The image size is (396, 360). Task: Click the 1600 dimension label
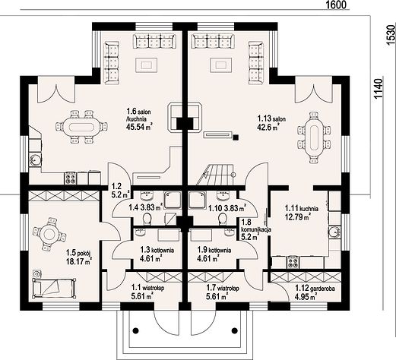click(x=335, y=5)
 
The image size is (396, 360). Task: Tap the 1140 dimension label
click(x=379, y=89)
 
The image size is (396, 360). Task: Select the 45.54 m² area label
click(x=139, y=127)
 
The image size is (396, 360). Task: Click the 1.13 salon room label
click(x=271, y=118)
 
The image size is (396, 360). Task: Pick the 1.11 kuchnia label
click(x=302, y=209)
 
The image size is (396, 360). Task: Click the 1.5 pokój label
click(x=78, y=252)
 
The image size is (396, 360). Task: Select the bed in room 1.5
click(x=54, y=288)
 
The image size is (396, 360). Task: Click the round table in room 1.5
click(x=49, y=235)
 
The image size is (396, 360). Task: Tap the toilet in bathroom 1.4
click(x=147, y=219)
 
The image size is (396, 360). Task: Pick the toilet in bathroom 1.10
click(x=223, y=219)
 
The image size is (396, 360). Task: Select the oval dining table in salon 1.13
click(x=314, y=137)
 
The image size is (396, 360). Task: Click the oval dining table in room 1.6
click(x=81, y=127)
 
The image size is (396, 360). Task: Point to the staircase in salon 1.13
click(x=215, y=175)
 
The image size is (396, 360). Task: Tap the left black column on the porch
click(x=136, y=330)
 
